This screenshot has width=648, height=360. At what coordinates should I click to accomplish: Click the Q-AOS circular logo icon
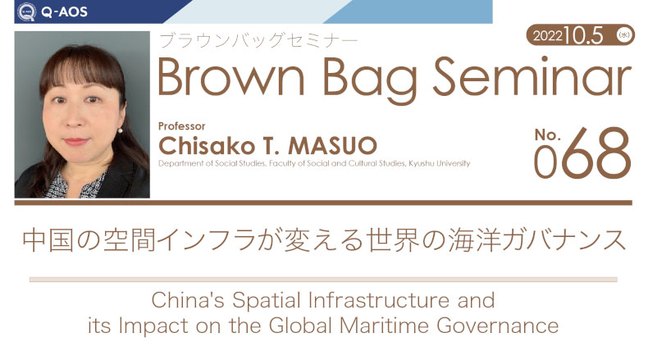click(26, 12)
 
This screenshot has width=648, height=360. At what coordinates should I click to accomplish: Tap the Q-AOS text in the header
click(64, 12)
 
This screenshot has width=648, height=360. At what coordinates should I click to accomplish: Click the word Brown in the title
click(231, 76)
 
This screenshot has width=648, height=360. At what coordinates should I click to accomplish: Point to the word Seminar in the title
click(532, 75)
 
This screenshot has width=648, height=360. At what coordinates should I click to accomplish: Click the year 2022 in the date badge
click(548, 36)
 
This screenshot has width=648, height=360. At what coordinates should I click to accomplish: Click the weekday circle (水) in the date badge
click(623, 35)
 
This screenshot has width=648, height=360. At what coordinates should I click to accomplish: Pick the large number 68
click(596, 153)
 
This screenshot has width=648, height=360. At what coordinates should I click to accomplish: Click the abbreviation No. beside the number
click(548, 134)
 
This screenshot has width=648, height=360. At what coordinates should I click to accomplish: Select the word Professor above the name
click(182, 126)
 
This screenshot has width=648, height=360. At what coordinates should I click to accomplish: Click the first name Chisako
click(207, 145)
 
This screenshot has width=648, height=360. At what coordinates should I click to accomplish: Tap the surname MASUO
click(333, 145)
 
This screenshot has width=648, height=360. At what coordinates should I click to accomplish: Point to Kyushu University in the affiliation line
click(440, 163)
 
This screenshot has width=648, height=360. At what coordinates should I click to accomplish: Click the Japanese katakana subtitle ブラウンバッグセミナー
click(258, 41)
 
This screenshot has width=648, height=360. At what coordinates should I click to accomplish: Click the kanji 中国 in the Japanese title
click(48, 240)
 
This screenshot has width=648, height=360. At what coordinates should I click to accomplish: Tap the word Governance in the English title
click(498, 326)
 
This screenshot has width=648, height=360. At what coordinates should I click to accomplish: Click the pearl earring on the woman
click(121, 130)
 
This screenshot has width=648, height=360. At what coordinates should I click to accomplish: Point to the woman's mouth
click(76, 142)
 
